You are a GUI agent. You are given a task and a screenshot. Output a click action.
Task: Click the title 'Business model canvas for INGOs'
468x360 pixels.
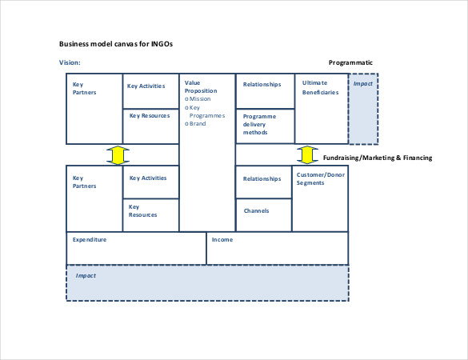click(x=116, y=44)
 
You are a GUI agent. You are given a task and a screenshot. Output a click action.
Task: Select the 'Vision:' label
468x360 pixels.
click(x=70, y=62)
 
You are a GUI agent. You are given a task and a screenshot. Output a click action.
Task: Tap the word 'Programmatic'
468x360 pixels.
click(x=350, y=62)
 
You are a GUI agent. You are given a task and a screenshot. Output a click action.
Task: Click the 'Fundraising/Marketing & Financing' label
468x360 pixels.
click(x=378, y=158)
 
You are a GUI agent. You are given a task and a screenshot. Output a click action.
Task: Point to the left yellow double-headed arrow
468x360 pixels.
click(x=118, y=155)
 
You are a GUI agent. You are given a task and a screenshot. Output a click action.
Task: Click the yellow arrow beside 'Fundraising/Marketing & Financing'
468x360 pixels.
click(x=307, y=155)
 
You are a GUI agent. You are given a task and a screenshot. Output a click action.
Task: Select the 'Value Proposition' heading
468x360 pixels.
click(x=201, y=86)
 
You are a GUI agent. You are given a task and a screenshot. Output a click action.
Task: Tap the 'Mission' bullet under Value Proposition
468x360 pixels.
click(x=198, y=99)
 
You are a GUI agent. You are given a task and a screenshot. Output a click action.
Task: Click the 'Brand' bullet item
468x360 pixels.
click(x=195, y=123)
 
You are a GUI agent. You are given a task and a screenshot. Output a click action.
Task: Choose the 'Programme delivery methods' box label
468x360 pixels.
click(x=259, y=124)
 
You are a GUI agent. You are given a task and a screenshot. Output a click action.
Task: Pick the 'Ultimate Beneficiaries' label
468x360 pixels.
click(x=320, y=87)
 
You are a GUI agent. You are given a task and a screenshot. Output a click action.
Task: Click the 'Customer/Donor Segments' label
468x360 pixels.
click(x=321, y=178)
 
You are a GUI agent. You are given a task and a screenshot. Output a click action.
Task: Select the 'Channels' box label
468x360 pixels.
click(x=256, y=210)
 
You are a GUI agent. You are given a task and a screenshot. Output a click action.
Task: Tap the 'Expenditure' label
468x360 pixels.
click(x=90, y=240)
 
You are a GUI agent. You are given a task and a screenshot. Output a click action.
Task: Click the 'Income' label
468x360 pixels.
click(x=222, y=239)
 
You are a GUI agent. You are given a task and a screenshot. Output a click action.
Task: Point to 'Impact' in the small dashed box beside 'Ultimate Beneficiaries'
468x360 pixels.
click(x=363, y=83)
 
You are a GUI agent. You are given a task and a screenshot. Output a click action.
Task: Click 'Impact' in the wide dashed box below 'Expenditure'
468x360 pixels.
click(x=86, y=275)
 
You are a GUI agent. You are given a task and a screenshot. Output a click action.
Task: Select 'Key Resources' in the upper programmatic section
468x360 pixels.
click(x=150, y=115)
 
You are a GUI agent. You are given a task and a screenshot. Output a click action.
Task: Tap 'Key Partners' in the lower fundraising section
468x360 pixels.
click(x=85, y=182)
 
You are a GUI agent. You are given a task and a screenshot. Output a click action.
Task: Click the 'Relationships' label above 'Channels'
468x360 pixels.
click(x=262, y=179)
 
